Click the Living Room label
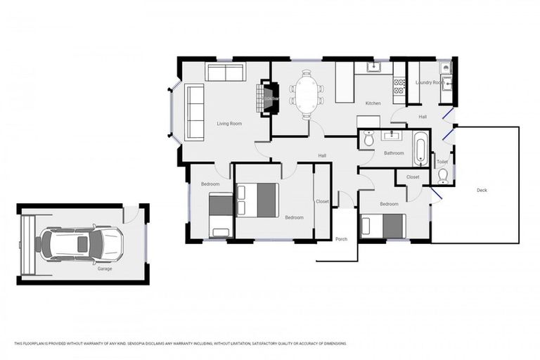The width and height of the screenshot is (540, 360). [229, 124]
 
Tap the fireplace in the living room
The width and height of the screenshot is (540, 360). [270, 98]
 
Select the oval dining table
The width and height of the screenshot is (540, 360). [307, 94]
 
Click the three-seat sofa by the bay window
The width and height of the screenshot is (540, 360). [195, 112]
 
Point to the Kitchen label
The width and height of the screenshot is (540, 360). [373, 103]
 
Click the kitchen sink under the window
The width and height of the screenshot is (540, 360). [373, 67]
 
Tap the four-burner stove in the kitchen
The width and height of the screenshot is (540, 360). [399, 86]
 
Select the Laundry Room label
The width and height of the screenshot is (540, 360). [429, 82]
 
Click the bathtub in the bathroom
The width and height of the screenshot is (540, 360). [420, 148]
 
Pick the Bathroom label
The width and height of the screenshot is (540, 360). [394, 153]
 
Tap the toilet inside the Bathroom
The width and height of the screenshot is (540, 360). [368, 139]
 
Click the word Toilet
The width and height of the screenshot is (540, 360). [442, 162]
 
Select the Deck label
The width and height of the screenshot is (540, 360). [482, 190]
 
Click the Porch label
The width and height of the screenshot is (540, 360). [341, 239]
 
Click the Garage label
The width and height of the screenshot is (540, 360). [105, 268]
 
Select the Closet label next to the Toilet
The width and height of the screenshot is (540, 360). [413, 177]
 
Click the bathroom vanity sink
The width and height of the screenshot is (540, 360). [392, 136]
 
